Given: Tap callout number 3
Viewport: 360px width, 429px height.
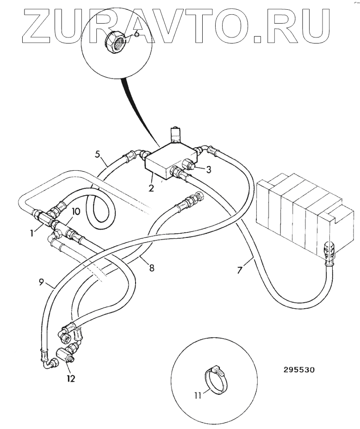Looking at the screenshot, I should tap(209, 170).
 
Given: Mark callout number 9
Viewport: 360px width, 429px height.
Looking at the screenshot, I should tap(41, 282).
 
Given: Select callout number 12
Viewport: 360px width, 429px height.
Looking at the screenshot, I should tap(70, 378).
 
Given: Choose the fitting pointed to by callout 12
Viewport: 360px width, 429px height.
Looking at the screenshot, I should tap(62, 357).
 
